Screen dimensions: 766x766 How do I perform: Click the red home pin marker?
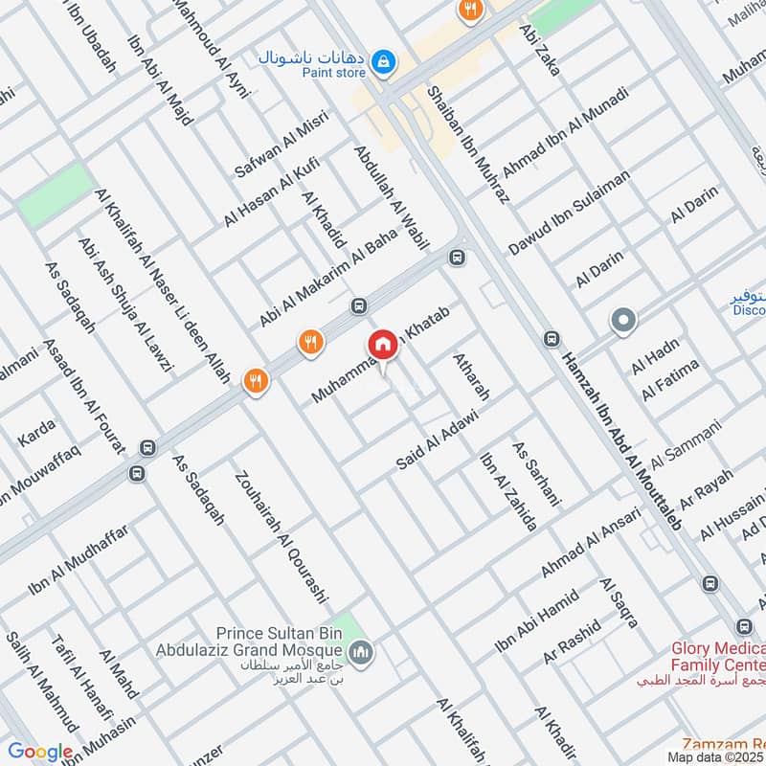point(382,345)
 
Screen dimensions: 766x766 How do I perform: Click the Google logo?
point(40,752)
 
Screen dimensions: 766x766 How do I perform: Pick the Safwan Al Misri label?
point(282,144)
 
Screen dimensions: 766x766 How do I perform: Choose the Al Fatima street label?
point(671,379)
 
